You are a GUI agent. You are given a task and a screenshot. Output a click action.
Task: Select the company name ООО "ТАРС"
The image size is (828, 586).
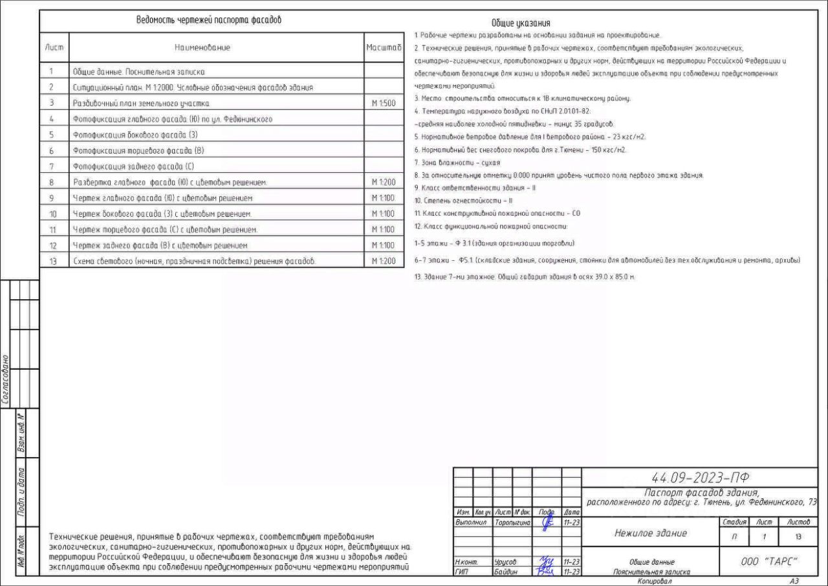click(x=768, y=561)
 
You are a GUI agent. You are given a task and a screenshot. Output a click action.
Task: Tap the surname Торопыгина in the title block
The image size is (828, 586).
click(x=512, y=521)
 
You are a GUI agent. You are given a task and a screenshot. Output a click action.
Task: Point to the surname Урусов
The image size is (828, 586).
click(x=505, y=563)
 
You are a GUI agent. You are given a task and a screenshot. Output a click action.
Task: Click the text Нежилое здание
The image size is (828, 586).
click(x=650, y=534)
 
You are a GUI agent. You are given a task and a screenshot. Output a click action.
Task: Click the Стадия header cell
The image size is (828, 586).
click(x=733, y=521)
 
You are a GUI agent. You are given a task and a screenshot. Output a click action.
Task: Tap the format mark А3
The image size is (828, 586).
click(x=794, y=581)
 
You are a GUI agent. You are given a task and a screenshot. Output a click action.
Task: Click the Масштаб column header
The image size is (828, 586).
click(x=384, y=48)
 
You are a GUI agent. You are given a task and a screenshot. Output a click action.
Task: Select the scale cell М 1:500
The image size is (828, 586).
click(x=383, y=103)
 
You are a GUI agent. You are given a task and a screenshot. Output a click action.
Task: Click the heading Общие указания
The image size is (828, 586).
click(x=521, y=23)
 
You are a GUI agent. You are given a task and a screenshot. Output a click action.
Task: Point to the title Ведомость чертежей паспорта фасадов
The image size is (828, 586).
click(x=208, y=20)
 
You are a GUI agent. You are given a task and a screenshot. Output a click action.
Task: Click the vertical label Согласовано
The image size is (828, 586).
click(x=5, y=379)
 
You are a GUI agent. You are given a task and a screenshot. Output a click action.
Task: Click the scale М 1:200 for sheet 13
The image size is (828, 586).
click(x=383, y=261)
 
